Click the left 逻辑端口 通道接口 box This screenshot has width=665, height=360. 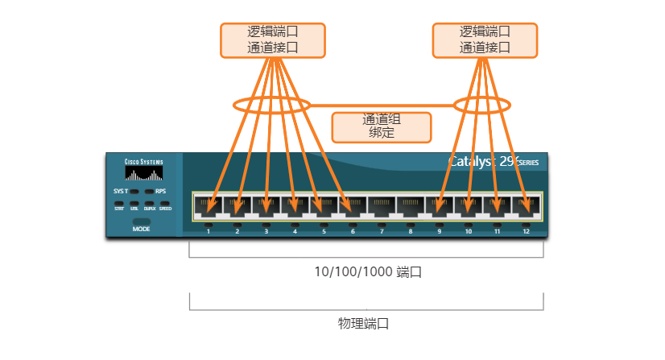[x=272, y=40]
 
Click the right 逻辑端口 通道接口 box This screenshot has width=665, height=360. [x=485, y=40]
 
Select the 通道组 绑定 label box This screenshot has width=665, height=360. [x=382, y=126]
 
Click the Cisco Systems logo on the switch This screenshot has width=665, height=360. [x=143, y=171]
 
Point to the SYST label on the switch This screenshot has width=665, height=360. [x=121, y=191]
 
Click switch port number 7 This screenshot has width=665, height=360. [x=382, y=207]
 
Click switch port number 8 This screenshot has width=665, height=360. [x=411, y=207]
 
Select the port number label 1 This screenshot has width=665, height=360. [x=209, y=232]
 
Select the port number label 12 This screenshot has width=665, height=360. [x=526, y=232]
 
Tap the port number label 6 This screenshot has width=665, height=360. [x=353, y=232]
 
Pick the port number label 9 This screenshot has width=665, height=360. [x=440, y=232]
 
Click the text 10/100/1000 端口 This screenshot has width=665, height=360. [x=368, y=272]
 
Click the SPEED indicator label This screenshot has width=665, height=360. [x=165, y=209]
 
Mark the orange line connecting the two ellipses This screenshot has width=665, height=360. [x=382, y=105]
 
